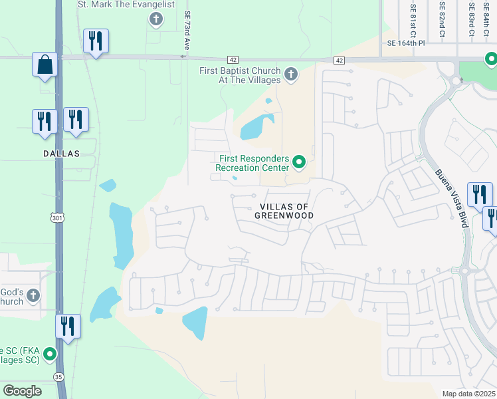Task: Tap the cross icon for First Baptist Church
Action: click(291, 73)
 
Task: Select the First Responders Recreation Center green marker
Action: click(299, 161)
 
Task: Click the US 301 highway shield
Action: click(58, 217)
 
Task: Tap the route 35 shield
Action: click(58, 376)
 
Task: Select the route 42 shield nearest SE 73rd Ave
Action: click(232, 60)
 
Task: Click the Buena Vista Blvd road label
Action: click(452, 198)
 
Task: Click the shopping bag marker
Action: click(45, 65)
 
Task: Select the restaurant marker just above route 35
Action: click(68, 326)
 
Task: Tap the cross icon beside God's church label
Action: click(33, 295)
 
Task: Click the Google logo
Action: click(23, 391)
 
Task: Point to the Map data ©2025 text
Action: click(468, 394)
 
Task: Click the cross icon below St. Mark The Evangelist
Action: click(156, 19)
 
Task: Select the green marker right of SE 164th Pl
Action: click(491, 61)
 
